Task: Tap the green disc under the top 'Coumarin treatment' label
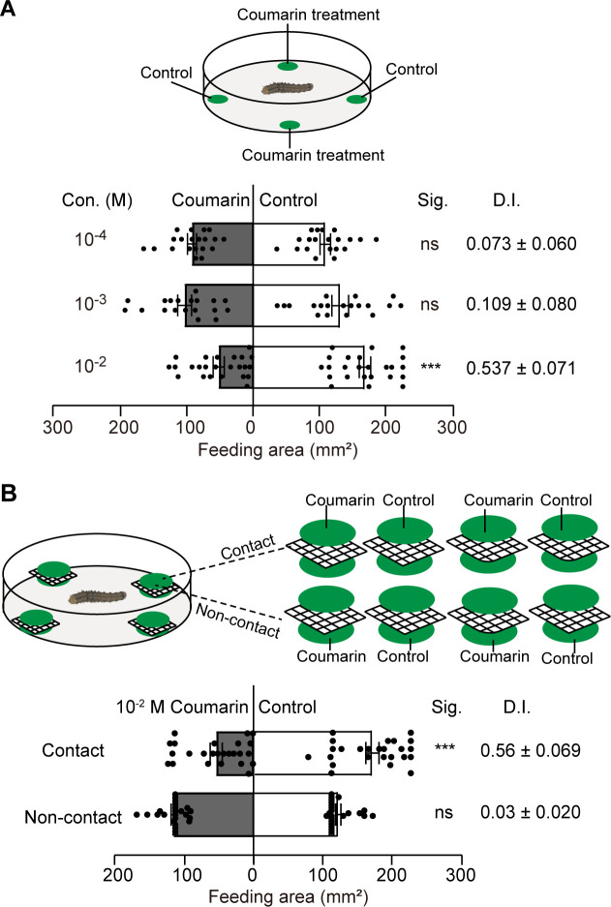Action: [x=288, y=66]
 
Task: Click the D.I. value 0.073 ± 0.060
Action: [x=521, y=244]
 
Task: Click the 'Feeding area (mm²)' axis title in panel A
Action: [x=254, y=449]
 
